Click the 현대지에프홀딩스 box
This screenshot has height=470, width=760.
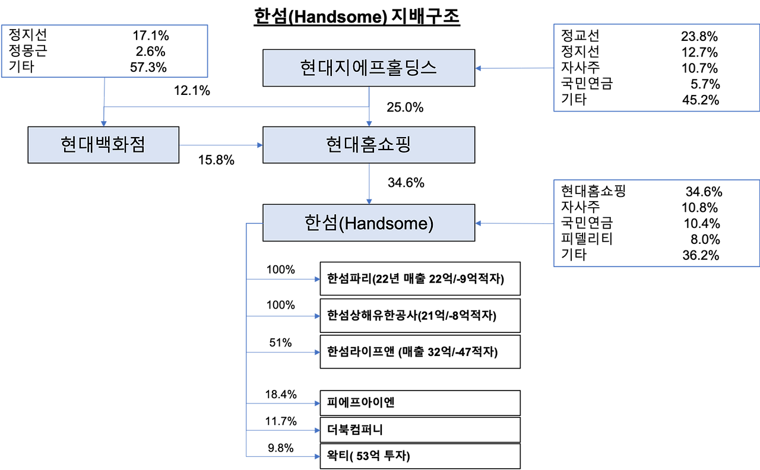[x=368, y=68]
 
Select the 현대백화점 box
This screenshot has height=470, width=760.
[x=103, y=145]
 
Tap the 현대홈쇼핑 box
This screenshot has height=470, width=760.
[x=368, y=145]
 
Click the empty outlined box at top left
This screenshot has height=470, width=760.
[x=105, y=51]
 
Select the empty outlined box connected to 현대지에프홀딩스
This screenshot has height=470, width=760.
[x=656, y=68]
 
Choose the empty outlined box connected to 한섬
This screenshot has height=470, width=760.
[x=656, y=224]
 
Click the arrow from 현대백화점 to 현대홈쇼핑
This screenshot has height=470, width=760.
[x=220, y=145]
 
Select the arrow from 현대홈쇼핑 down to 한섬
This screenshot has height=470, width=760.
[x=369, y=183]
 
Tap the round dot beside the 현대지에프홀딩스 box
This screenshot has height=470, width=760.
[x=480, y=68]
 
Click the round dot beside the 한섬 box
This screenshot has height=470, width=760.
[x=480, y=224]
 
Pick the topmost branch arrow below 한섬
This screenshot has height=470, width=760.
[x=283, y=279]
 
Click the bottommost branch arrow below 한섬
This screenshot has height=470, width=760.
[x=283, y=456]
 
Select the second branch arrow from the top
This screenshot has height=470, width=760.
[x=283, y=316]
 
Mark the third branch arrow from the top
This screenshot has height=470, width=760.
[x=283, y=352]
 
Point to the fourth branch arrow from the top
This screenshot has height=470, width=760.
[x=283, y=404]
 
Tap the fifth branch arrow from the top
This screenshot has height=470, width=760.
[x=283, y=430]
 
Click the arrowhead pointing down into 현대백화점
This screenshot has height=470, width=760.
[x=104, y=123]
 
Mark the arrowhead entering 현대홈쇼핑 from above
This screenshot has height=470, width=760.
[x=369, y=123]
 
